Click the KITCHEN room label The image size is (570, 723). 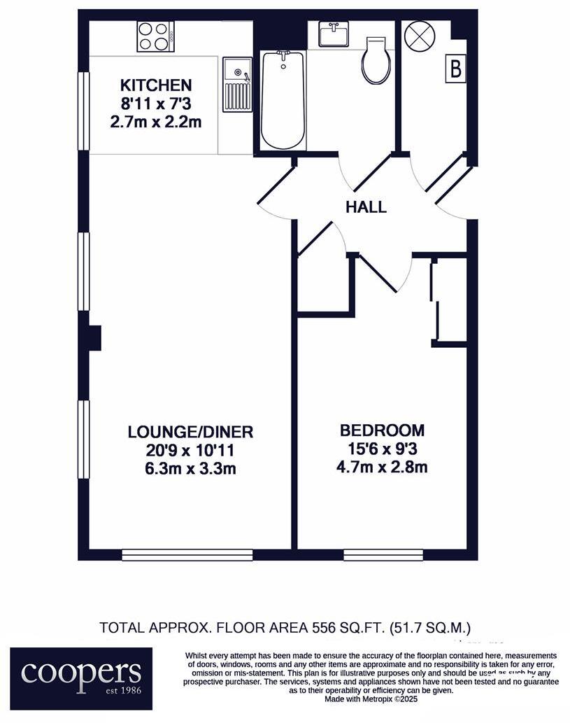(156, 85)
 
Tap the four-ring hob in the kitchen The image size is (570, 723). (155, 36)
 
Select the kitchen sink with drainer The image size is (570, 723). (237, 85)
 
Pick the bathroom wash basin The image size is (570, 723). (334, 34)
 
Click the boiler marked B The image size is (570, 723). (456, 69)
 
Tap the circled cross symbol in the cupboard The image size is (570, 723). (420, 36)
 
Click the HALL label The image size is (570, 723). (366, 207)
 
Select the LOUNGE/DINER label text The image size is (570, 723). (190, 431)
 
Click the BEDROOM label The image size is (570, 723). (382, 430)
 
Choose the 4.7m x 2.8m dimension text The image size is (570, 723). (382, 467)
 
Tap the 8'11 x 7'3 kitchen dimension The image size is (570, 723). (156, 104)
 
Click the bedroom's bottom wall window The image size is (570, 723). (383, 555)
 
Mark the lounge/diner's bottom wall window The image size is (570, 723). (187, 555)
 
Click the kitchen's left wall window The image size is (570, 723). (83, 111)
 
